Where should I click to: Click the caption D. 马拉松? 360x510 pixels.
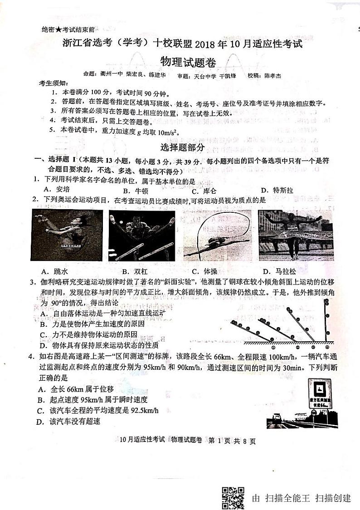(281, 271)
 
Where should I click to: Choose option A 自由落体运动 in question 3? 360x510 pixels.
(102, 314)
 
